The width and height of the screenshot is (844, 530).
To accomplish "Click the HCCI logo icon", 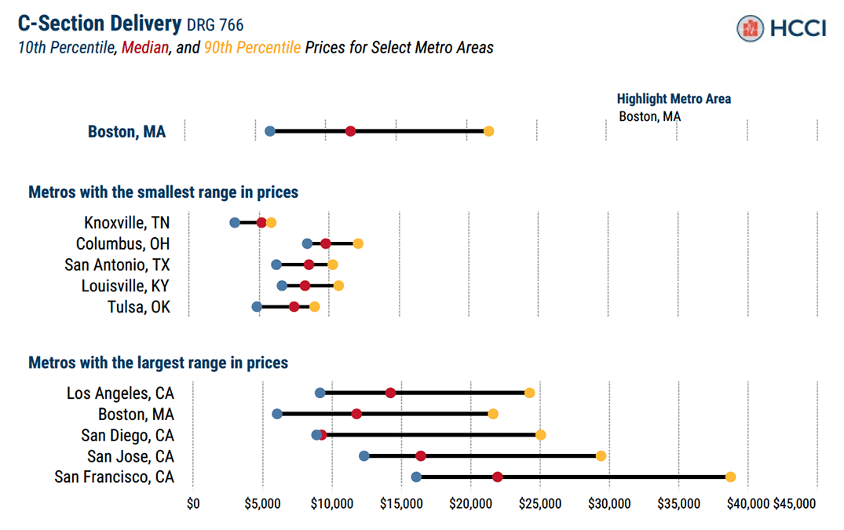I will pyautogui.click(x=751, y=29).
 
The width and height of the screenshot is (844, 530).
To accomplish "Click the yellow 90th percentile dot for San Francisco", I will pyautogui.click(x=730, y=477).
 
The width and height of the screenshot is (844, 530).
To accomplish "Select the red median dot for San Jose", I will pyautogui.click(x=421, y=456).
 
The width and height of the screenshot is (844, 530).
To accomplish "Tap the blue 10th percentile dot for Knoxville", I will pyautogui.click(x=235, y=222).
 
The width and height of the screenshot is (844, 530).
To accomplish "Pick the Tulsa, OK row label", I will pyautogui.click(x=138, y=307).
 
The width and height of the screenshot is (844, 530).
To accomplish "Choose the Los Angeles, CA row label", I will pyautogui.click(x=120, y=393).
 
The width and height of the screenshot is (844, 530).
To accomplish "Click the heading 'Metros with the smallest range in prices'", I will pyautogui.click(x=163, y=192).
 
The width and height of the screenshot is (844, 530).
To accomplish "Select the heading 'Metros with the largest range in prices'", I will pyautogui.click(x=158, y=363).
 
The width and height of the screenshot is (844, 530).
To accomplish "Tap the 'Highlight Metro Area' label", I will pyautogui.click(x=674, y=99).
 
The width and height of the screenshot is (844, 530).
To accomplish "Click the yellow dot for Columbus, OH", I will pyautogui.click(x=358, y=243).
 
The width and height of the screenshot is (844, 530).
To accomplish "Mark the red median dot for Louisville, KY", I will pyautogui.click(x=305, y=286).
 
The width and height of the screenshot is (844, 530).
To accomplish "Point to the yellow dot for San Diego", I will pyautogui.click(x=540, y=435).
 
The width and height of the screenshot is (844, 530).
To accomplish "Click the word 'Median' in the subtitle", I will pyautogui.click(x=146, y=47).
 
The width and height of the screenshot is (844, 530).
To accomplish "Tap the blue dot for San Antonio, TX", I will pyautogui.click(x=276, y=265).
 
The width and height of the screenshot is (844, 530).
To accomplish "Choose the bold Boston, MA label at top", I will pyautogui.click(x=126, y=132).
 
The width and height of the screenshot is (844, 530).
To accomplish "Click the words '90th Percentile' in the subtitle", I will pyautogui.click(x=252, y=47).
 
